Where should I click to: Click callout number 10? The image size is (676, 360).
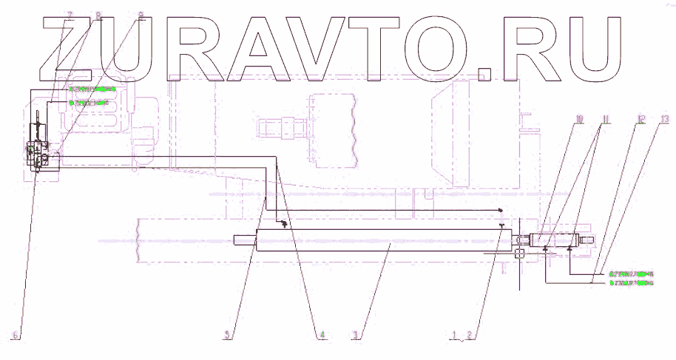(x=579, y=118)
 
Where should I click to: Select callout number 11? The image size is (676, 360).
(x=605, y=118)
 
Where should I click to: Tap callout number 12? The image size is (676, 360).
(x=640, y=118)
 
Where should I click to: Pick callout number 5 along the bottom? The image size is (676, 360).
(x=229, y=336)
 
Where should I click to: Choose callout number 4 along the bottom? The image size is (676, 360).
(x=322, y=336)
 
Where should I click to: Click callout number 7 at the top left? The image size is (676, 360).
(x=70, y=15)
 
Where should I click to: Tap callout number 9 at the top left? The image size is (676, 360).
(x=141, y=15)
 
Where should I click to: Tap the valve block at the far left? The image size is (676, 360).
(x=38, y=152)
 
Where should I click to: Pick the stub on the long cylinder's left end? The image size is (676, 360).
(x=244, y=240)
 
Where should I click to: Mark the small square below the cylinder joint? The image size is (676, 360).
(x=519, y=254)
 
